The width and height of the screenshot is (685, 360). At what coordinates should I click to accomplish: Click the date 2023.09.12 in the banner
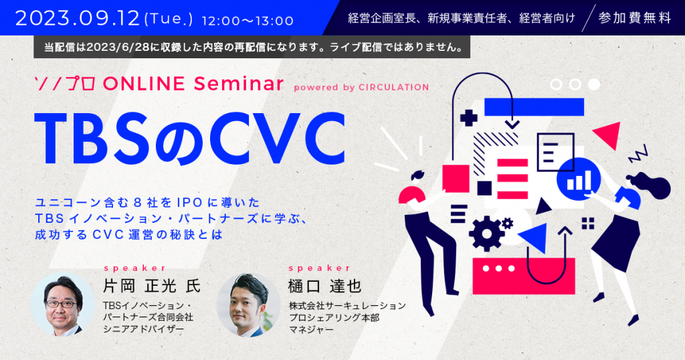(x=78, y=18)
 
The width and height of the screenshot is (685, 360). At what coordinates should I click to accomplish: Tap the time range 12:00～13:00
(x=248, y=21)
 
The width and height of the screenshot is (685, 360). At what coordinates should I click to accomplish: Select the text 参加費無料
(x=635, y=18)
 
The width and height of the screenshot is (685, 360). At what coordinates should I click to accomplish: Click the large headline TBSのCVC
(x=190, y=139)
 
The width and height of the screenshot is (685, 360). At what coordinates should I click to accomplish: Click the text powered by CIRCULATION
(x=361, y=88)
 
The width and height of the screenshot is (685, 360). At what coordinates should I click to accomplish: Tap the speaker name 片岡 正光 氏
(x=152, y=286)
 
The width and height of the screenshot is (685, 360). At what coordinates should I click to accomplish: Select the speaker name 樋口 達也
(x=325, y=286)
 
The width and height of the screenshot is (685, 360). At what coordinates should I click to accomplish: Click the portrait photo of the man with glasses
(x=63, y=304)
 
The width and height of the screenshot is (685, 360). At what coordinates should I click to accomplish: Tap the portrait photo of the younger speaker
(x=249, y=304)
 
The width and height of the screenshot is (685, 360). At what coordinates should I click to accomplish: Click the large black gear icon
(x=486, y=234)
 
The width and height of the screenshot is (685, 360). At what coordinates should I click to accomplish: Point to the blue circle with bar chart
(x=579, y=179)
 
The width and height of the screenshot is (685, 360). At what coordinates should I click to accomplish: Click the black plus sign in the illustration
(x=469, y=118)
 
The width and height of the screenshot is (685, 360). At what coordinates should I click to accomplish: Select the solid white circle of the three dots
(x=594, y=84)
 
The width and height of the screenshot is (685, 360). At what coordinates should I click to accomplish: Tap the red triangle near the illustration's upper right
(x=609, y=134)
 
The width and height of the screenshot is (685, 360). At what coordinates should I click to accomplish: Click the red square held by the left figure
(x=456, y=178)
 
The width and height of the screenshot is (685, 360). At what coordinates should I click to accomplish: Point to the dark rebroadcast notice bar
(x=252, y=48)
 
